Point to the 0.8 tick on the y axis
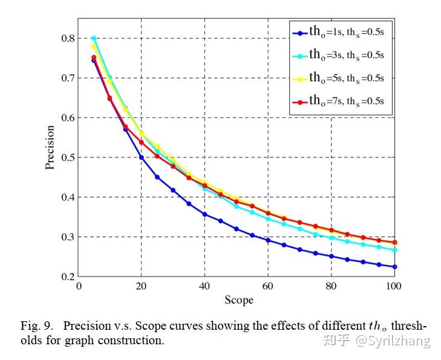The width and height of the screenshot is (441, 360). click(x=67, y=38)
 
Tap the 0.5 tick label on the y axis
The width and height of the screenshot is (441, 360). click(x=67, y=157)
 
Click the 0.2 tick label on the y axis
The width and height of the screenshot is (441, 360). click(x=67, y=277)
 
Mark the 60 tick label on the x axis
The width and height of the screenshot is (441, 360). click(x=269, y=286)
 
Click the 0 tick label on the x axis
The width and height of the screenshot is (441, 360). click(x=79, y=286)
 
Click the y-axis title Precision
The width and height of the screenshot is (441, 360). click(x=51, y=147)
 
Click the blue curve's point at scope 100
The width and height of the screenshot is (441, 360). click(x=395, y=267)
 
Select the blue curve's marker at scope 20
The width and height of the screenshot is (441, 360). click(x=142, y=157)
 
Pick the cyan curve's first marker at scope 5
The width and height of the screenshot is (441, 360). click(x=94, y=38)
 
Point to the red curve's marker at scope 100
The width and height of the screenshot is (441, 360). click(x=395, y=242)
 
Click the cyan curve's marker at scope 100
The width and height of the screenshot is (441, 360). click(x=395, y=250)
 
